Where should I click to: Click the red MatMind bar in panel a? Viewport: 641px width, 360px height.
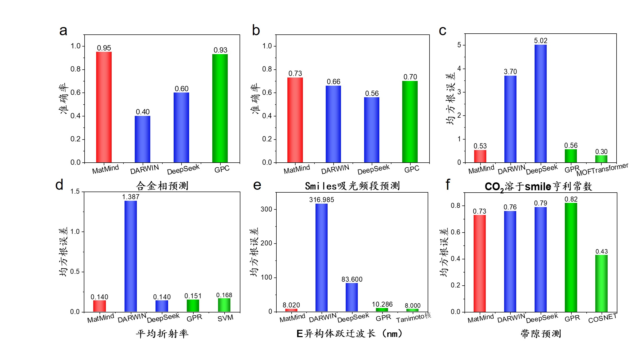104,107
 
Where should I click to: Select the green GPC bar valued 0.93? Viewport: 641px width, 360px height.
220,108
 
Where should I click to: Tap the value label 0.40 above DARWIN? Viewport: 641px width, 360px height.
143,112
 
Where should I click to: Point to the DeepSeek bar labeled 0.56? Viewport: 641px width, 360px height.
371,130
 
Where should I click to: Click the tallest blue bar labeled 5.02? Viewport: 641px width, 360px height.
540,104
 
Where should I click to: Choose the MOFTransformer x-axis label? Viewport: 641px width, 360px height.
602,169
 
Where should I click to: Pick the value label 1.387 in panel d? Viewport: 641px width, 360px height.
131,197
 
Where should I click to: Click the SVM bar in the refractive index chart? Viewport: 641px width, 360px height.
224,305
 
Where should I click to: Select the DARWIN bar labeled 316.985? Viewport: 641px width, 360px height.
321,258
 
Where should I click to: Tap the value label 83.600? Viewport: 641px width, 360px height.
352,279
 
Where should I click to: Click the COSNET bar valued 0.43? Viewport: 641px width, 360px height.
601,283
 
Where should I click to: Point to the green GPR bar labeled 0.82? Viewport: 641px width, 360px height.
571,257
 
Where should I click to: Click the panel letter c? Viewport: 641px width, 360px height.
442,31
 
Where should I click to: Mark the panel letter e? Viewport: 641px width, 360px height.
257,185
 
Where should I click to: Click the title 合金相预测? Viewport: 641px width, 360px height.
162,186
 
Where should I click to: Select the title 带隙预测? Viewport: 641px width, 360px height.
541,334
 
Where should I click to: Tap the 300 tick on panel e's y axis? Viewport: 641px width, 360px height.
266,209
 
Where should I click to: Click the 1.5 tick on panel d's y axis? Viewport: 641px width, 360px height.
75,192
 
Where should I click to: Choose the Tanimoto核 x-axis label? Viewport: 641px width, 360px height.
413,318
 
